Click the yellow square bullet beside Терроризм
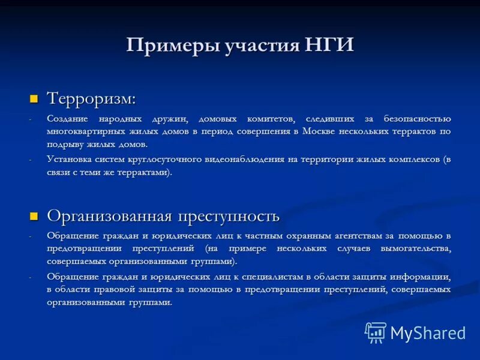(34, 98)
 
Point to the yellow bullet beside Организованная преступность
(34, 215)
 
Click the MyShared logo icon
(376, 332)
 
